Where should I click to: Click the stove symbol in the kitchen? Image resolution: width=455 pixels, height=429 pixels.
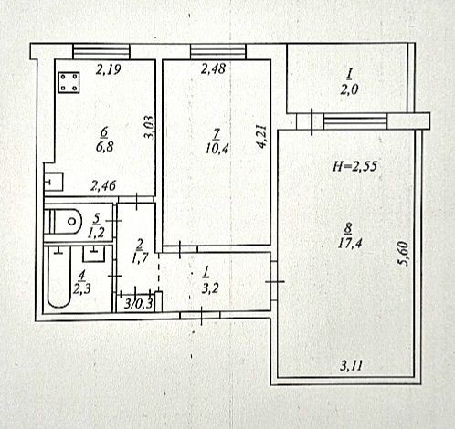coord(69,83)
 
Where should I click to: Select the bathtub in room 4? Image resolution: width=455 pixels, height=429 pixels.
coord(59,277)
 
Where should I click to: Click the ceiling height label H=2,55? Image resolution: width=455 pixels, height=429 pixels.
coord(354,166)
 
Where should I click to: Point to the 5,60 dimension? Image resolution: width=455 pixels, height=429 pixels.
coord(403,254)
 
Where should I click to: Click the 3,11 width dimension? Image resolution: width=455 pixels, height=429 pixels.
coord(352,365)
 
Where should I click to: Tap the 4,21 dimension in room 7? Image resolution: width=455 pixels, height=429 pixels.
coord(261,136)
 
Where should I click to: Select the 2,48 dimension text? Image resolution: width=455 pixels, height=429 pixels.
coord(213,68)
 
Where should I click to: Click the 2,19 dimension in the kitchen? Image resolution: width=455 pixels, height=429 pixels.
coord(109,69)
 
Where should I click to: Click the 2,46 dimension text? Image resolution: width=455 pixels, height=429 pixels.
coord(103,185)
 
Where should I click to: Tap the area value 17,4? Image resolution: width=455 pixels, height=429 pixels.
coord(350,243)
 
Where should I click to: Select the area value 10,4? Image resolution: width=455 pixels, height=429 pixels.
coord(217,149)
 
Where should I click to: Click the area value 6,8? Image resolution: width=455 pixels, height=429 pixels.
coord(105,147)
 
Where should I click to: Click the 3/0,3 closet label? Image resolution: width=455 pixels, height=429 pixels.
coord(139,304)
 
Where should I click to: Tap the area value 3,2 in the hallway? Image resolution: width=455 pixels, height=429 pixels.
coord(210,288)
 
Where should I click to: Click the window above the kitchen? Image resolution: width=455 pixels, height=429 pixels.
coord(101,51)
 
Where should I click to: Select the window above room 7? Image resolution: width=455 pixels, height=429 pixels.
coord(218,51)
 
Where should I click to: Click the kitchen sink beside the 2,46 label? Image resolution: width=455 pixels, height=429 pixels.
coord(54,182)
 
